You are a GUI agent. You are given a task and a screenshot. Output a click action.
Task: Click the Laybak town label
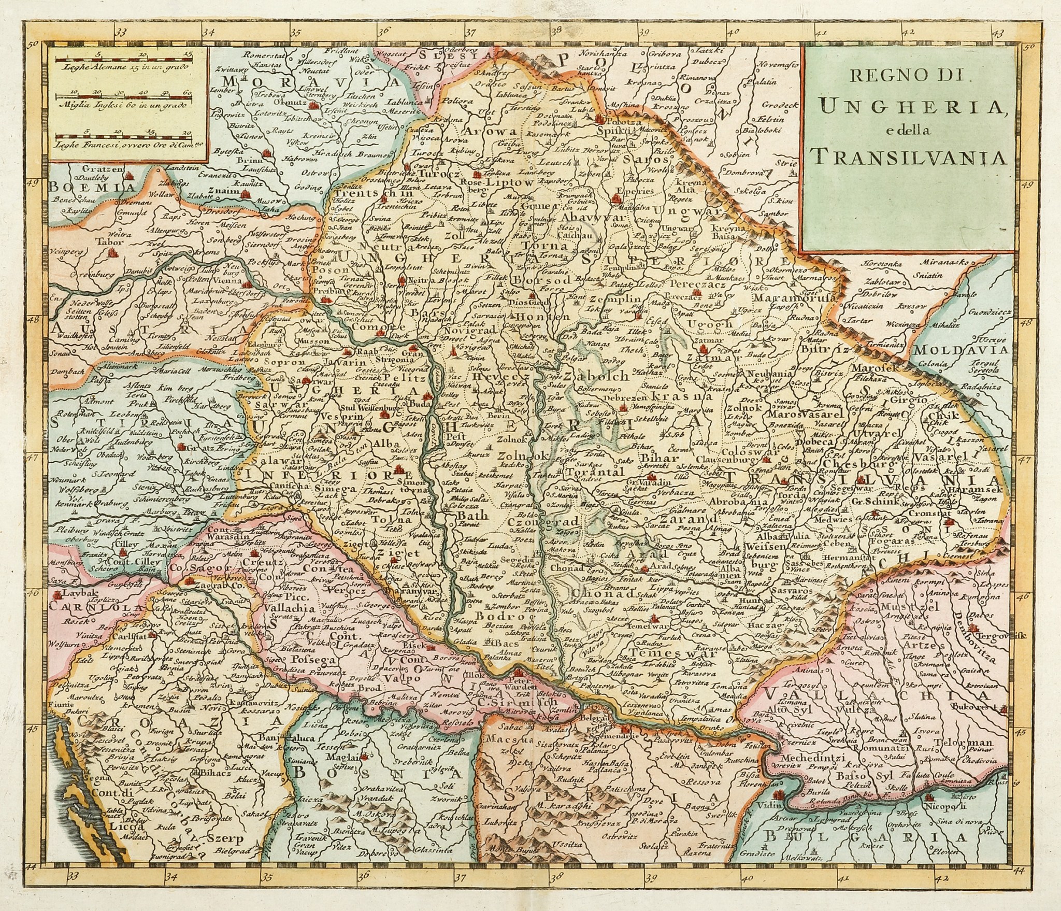(75, 592)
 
